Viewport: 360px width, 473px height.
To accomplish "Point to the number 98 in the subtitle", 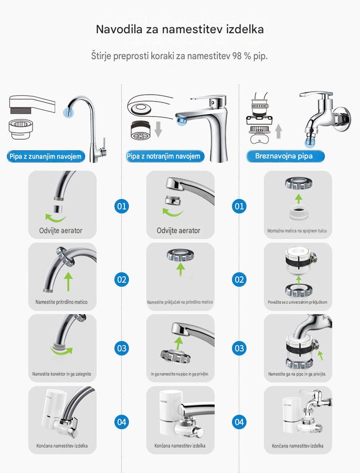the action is [237, 56].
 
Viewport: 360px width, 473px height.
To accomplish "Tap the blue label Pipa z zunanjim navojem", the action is [46, 156].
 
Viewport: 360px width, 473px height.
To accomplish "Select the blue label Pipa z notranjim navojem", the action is [164, 156].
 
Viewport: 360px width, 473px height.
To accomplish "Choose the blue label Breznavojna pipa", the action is [284, 156].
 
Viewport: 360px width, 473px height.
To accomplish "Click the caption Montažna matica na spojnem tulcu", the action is [297, 231].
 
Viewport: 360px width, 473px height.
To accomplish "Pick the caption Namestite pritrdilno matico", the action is [62, 302].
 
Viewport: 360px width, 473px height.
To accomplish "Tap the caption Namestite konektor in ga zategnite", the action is [62, 374].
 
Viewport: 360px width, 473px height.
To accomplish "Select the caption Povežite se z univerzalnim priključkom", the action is [298, 302].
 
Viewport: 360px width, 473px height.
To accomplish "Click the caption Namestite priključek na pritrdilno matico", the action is [180, 302].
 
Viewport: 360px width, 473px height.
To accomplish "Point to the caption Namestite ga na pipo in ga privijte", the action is [297, 374].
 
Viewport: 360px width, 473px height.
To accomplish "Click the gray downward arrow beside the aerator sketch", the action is [158, 129].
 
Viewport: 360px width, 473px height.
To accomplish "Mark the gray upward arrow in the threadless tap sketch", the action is [279, 131].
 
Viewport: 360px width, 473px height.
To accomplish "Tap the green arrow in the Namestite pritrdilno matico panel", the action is [68, 282].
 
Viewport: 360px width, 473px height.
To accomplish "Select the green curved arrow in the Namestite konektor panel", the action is [62, 351].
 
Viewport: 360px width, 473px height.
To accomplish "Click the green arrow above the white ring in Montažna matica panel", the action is [298, 199].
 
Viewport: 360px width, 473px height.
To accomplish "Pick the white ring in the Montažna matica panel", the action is [298, 212].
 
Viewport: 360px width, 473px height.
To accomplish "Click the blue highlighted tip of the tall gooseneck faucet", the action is [68, 112].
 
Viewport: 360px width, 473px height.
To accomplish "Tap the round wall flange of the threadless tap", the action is [345, 118].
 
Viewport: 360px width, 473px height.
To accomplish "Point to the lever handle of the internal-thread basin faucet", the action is [208, 99].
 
